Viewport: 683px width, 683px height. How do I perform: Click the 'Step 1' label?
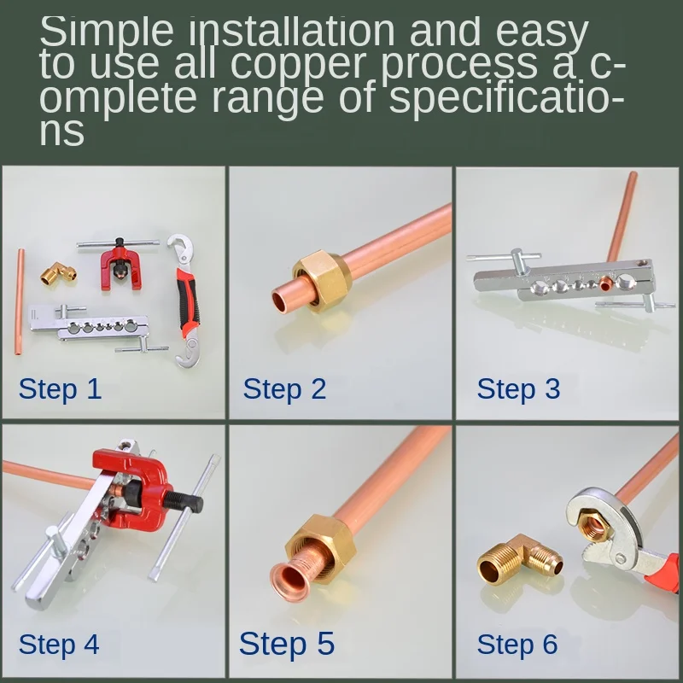(x=60, y=389)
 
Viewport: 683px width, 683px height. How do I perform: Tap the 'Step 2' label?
(x=284, y=389)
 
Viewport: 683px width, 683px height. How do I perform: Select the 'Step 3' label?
(x=518, y=389)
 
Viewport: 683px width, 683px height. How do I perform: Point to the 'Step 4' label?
(x=59, y=645)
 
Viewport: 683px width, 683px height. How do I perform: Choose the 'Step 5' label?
(x=287, y=645)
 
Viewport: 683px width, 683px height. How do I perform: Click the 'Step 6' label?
(x=517, y=645)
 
